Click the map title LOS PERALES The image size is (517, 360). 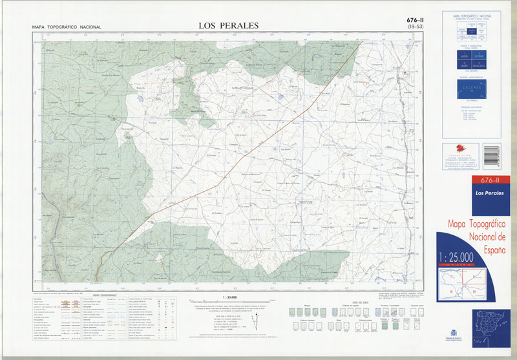click(x=228, y=26)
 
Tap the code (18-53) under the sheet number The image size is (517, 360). click(x=412, y=28)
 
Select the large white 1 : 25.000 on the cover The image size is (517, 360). click(x=464, y=257)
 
